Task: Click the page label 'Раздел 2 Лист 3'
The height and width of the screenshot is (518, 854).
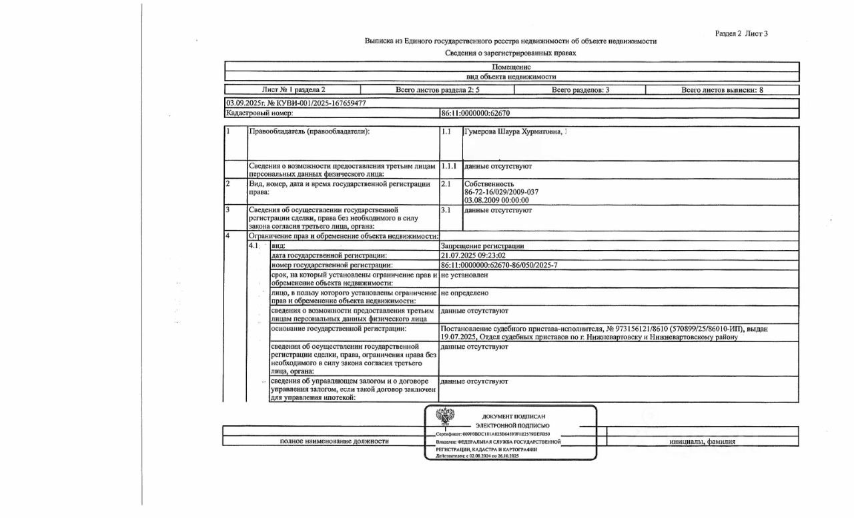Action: (741, 33)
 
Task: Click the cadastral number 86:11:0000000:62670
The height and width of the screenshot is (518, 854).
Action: (475, 113)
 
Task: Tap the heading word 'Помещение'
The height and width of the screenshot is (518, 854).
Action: (512, 67)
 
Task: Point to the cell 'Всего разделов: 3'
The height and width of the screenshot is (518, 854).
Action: (580, 89)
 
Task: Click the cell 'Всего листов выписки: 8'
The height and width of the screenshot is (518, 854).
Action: (722, 89)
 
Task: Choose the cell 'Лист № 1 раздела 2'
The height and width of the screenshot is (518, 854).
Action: (294, 89)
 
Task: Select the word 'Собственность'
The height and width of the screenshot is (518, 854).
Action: (489, 184)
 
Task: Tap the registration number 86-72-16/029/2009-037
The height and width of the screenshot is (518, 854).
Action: (501, 192)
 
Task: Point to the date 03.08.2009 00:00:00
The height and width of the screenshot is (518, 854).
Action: (496, 200)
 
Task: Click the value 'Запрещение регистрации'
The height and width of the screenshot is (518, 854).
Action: (482, 246)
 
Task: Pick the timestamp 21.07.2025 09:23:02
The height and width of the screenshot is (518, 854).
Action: (473, 255)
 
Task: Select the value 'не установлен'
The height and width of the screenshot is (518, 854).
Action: (464, 275)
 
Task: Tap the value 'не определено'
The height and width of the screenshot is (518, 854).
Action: (464, 293)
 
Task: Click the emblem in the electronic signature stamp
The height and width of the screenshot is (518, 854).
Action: (445, 415)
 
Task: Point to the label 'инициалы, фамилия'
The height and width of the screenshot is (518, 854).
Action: (703, 441)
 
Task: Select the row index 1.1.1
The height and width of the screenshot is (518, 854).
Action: (448, 165)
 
